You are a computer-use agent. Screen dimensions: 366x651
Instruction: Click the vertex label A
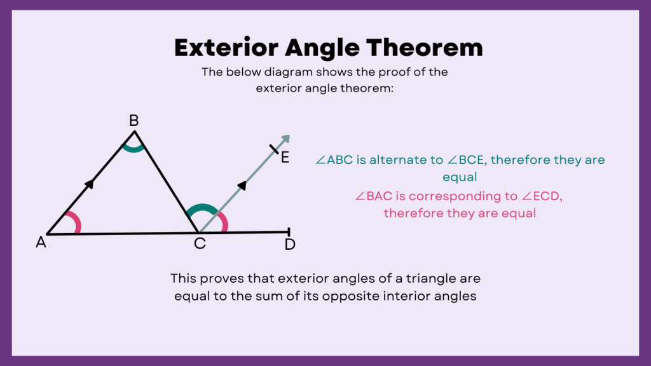tap(41, 242)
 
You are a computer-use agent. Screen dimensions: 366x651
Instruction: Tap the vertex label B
tap(134, 121)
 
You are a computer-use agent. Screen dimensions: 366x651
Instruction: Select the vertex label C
tap(200, 243)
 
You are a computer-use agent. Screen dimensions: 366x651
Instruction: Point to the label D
tap(290, 244)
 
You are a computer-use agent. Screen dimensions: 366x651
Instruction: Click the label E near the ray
tap(285, 158)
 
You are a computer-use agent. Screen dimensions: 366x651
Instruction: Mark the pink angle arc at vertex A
tap(76, 222)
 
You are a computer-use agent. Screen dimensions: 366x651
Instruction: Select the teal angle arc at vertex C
tap(202, 208)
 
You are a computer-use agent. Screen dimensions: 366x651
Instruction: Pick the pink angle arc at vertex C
tap(223, 222)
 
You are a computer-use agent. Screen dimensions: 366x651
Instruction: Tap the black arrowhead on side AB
tap(90, 184)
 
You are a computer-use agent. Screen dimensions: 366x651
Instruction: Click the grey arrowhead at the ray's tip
tap(285, 139)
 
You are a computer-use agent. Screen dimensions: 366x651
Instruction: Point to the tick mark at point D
tap(289, 233)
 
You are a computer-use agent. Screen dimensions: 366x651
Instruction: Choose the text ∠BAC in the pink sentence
tap(375, 196)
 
